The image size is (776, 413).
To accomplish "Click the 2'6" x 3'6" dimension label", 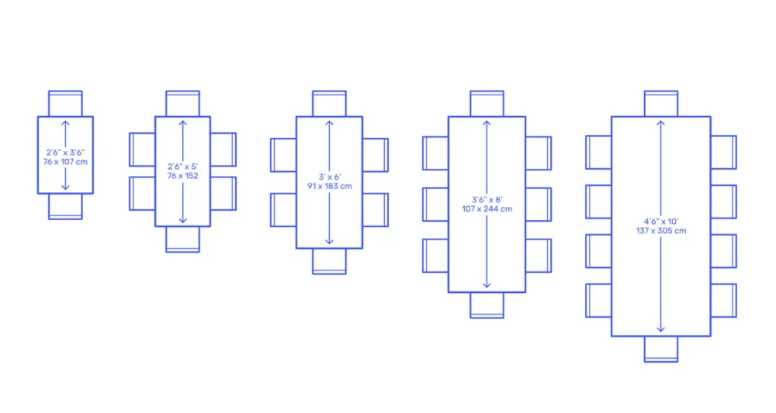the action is click(65, 153).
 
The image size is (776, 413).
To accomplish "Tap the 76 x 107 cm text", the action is click(65, 162).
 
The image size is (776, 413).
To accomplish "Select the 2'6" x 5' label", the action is click(182, 167).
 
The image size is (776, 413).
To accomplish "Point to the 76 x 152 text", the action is click(182, 176).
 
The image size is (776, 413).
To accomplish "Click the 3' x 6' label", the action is click(330, 177).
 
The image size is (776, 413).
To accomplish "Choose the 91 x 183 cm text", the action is click(330, 186).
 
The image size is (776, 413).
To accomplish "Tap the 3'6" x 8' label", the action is click(487, 200).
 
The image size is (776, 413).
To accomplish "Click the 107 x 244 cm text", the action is click(487, 209).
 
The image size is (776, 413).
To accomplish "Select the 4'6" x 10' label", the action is click(661, 222).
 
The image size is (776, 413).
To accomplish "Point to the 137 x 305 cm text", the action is click(661, 231).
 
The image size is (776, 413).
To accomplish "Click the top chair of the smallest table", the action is click(65, 104).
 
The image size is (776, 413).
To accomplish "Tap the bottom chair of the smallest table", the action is click(65, 206).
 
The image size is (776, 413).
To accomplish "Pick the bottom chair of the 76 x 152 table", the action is click(182, 239).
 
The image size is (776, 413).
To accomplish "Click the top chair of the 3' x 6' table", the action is click(330, 104).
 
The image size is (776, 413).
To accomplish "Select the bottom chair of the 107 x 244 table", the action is click(487, 305).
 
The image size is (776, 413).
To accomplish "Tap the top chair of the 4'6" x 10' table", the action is click(661, 104).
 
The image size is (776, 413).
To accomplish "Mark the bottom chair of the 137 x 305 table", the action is click(661, 349).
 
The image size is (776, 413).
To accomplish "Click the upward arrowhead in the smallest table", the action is click(65, 123).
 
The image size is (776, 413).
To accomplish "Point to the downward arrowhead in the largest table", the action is click(661, 329).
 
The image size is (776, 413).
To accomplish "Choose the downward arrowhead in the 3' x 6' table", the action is click(330, 241).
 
